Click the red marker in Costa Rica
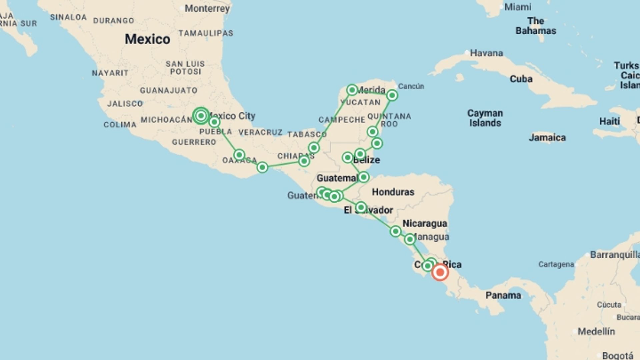440,272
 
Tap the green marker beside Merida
352,90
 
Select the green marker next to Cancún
392,96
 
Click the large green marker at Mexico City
201,116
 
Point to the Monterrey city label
207,8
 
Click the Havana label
486,53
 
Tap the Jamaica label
547,138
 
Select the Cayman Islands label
485,118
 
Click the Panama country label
503,295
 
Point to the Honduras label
393,192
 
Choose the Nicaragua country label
425,223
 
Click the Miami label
518,7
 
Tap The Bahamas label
536,26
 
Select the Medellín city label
596,332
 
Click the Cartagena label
556,265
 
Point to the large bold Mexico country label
147,39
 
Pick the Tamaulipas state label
206,33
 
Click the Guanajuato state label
168,90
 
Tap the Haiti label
609,121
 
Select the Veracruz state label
260,133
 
